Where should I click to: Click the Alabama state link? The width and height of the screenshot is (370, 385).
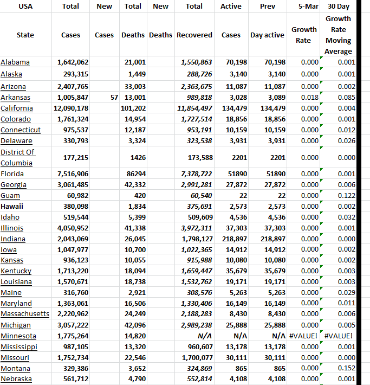pyautogui.click(x=15, y=62)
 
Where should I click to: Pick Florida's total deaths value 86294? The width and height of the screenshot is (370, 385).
pyautogui.click(x=136, y=174)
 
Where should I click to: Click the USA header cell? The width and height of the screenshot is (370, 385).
pyautogui.click(x=25, y=7)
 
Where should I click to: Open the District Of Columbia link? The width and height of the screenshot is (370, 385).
pyautogui.click(x=18, y=157)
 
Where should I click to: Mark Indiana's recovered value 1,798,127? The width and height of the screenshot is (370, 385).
pyautogui.click(x=194, y=239)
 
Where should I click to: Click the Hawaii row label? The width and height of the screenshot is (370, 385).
pyautogui.click(x=12, y=206)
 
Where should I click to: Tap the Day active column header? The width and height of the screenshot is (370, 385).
pyautogui.click(x=267, y=35)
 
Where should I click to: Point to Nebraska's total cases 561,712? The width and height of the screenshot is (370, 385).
pyautogui.click(x=73, y=379)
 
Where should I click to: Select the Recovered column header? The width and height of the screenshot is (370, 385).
pyautogui.click(x=194, y=35)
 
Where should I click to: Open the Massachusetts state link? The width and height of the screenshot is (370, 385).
pyautogui.click(x=25, y=314)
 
